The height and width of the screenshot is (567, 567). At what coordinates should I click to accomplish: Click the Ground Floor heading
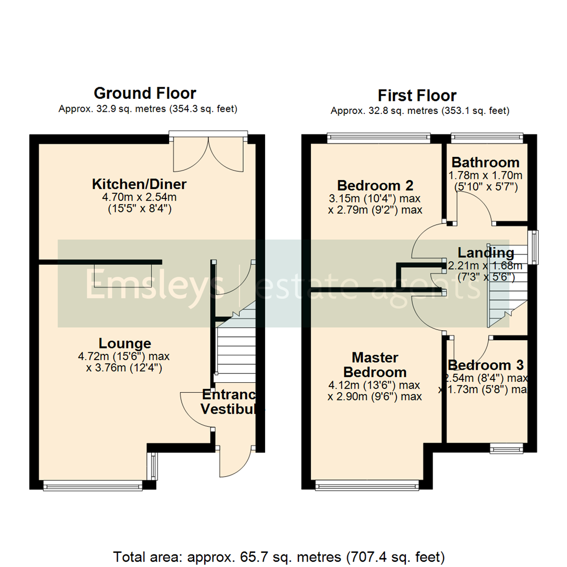[x=145, y=93]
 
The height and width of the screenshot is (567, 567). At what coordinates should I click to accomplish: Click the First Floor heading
[x=417, y=96]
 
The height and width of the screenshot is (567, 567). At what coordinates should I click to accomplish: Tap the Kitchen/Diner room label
[x=139, y=184]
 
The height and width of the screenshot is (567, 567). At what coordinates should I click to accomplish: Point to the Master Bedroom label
[x=374, y=365]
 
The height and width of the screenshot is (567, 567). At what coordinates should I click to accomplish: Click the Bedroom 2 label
[x=375, y=185]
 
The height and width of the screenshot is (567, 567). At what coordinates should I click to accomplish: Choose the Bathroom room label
[x=485, y=162]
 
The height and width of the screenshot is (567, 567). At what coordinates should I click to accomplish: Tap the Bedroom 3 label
[x=486, y=365]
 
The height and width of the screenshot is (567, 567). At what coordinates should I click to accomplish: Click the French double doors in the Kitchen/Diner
[x=208, y=153]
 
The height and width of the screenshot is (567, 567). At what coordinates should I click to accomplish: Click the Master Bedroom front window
[x=367, y=486]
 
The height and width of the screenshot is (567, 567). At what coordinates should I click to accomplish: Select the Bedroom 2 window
[x=378, y=138]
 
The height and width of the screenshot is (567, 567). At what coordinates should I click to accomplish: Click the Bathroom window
[x=487, y=138]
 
